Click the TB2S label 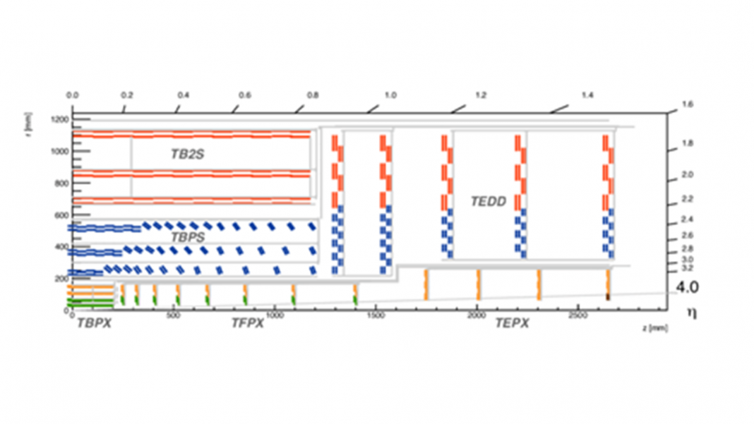tap(188, 154)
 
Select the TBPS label tap(188, 237)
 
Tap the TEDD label tap(489, 202)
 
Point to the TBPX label tap(95, 323)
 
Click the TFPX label tap(248, 323)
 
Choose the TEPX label tap(512, 323)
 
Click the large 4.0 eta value tap(687, 287)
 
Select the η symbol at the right tap(691, 313)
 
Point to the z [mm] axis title tap(655, 328)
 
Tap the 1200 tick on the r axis tap(60, 119)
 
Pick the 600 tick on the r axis tap(61, 215)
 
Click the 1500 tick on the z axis tap(376, 316)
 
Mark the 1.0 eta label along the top tap(390, 95)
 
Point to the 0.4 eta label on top tap(184, 95)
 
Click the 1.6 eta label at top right tap(688, 104)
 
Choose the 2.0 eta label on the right tap(688, 174)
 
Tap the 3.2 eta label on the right tap(688, 268)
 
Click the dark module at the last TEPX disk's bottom tap(608, 296)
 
